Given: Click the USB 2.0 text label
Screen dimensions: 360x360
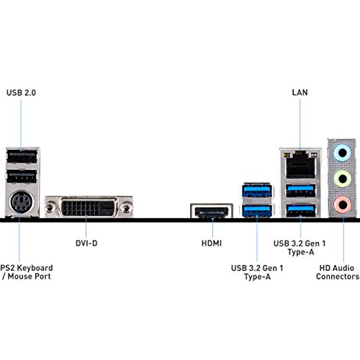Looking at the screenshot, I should [x=22, y=93].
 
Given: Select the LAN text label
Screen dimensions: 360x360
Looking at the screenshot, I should [x=300, y=93].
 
